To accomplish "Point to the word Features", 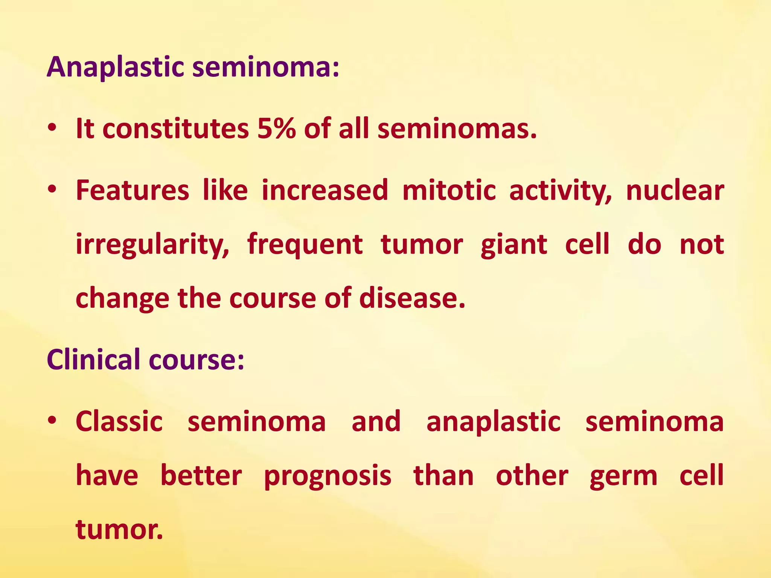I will pyautogui.click(x=133, y=190).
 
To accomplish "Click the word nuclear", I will pyautogui.click(x=675, y=190).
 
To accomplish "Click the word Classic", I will pyautogui.click(x=119, y=421).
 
